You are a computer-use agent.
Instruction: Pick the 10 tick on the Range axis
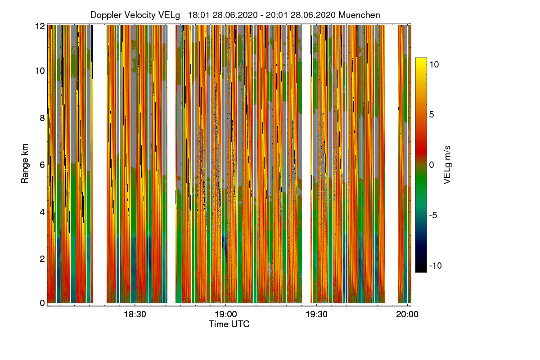click(40, 71)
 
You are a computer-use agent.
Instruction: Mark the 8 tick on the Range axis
click(42, 118)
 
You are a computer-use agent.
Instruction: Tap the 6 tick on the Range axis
click(42, 165)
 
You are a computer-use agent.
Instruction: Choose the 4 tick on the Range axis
click(42, 211)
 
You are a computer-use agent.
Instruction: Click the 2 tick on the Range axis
click(42, 258)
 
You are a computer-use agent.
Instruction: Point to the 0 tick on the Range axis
click(42, 303)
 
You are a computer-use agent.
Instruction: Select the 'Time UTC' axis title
click(229, 324)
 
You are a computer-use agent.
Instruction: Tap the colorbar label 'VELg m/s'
click(447, 165)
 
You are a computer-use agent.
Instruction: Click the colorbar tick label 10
click(434, 64)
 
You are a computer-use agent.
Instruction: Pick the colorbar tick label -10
click(435, 265)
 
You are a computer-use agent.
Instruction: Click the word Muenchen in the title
click(360, 15)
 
